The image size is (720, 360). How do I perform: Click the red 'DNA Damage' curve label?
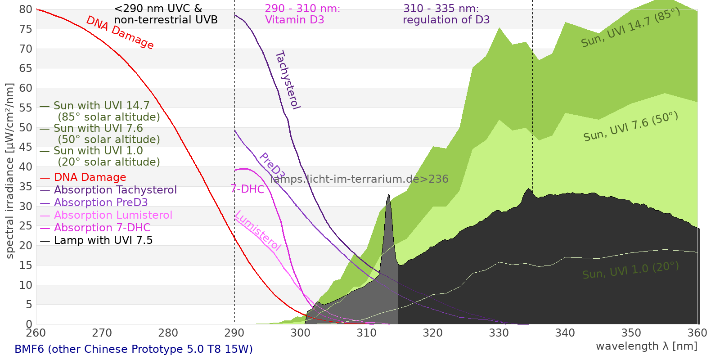[x=120, y=32]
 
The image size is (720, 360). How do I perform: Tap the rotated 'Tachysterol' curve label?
[x=288, y=80]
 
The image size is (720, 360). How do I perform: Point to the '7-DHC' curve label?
[x=247, y=189]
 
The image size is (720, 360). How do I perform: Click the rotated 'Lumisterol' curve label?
[x=258, y=230]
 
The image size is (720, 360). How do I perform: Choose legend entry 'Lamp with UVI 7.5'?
[x=103, y=240]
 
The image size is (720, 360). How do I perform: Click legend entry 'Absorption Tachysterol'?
[x=115, y=190]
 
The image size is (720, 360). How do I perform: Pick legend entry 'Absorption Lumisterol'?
[x=113, y=215]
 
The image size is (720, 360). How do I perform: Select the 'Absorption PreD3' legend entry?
[x=101, y=202]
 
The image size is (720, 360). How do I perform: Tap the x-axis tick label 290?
[x=234, y=333]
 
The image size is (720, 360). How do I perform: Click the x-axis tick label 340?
[x=565, y=333]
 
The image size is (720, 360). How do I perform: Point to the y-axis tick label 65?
[x=26, y=68]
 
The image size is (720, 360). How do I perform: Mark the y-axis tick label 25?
[x=26, y=226]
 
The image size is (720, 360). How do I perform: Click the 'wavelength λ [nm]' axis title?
[x=646, y=346]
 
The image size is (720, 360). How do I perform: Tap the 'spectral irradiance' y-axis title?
[x=10, y=171]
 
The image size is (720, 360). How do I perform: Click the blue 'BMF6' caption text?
[x=134, y=349]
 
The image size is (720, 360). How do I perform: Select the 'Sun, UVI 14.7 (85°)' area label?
[x=630, y=28]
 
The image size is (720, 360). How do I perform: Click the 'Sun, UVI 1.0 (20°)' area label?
[x=630, y=271]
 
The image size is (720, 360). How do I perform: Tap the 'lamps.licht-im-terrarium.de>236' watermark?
[x=359, y=179]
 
